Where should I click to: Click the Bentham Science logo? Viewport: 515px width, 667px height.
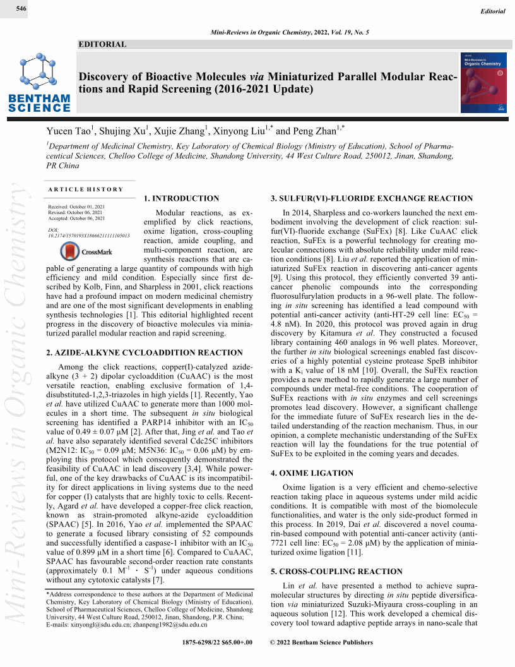(40, 83)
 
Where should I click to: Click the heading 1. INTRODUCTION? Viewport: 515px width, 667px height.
(182, 198)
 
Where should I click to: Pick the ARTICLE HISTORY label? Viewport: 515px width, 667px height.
(86, 189)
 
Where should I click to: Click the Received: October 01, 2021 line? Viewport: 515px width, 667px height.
(76, 207)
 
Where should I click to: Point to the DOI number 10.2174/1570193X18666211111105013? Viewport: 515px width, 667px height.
(89, 236)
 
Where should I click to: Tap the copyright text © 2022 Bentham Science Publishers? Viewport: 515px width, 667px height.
(321, 642)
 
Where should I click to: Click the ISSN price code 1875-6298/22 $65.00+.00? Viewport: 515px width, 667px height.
(216, 642)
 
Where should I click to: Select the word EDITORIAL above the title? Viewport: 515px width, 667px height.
(102, 44)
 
